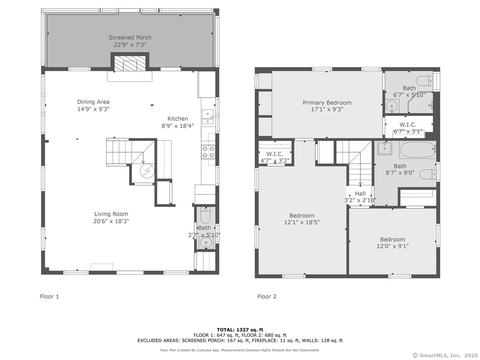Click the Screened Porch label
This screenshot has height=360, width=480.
[130, 38]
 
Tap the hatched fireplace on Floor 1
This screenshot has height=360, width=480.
[130, 63]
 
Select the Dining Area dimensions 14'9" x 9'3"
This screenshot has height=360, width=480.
[93, 109]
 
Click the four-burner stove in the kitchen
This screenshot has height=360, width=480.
[208, 152]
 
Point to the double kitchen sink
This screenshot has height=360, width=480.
[208, 117]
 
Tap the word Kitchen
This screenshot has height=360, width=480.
[178, 119]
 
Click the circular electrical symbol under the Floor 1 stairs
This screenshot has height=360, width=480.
[147, 171]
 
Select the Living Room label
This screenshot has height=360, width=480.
[111, 214]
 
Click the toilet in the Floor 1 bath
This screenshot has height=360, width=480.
[205, 215]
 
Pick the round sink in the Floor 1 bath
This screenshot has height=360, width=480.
[206, 243]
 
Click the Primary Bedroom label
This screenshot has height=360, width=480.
[327, 103]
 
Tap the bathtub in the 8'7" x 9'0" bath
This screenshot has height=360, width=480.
[418, 150]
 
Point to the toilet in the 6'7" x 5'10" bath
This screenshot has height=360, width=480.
[424, 81]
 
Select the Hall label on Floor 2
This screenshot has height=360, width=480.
[360, 194]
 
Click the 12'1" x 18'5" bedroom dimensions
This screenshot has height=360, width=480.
[302, 222]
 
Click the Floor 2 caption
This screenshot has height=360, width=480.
[267, 296]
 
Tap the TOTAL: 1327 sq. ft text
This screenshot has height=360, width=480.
[240, 330]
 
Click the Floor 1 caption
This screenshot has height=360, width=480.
[50, 296]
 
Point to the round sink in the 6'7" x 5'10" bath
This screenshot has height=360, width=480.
[392, 106]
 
